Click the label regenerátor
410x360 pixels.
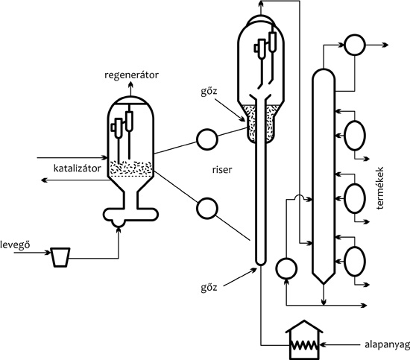(131, 75)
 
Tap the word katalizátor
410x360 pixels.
(77, 168)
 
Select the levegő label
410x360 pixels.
(15, 245)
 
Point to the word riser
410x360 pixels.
(222, 170)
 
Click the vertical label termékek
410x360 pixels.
(380, 187)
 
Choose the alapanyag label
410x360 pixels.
(387, 345)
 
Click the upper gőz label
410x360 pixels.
(209, 92)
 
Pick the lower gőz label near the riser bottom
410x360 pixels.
(209, 288)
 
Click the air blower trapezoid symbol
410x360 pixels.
(60, 257)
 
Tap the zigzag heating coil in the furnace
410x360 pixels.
(305, 345)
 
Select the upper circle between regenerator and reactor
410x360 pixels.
(206, 139)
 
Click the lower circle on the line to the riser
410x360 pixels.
(206, 208)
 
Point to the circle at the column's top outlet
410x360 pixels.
(355, 45)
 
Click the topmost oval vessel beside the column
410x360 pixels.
(355, 135)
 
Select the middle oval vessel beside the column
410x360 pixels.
(355, 198)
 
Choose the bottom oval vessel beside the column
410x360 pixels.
(355, 261)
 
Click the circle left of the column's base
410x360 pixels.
(286, 268)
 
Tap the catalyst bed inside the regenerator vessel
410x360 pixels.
(130, 168)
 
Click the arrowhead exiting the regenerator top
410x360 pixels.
(130, 84)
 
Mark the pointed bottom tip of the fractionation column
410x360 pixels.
(324, 284)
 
